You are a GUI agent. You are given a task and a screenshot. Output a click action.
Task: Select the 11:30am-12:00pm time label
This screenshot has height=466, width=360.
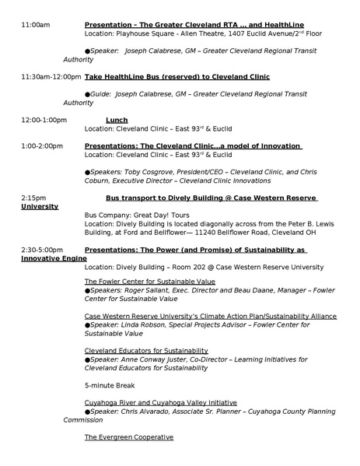[51, 77]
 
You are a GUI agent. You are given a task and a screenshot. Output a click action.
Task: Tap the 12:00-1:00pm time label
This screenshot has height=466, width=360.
[44, 120]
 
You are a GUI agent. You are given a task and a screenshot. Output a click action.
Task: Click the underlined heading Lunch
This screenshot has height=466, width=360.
[116, 120]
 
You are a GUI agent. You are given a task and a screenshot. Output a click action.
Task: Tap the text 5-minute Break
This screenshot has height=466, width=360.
[110, 385]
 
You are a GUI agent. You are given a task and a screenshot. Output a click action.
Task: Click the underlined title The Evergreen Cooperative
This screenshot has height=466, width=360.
[128, 437]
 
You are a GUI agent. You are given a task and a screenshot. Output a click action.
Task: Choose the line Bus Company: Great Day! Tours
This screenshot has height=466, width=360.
[137, 214]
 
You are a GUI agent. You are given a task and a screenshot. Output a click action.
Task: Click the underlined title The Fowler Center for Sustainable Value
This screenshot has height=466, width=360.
[149, 281]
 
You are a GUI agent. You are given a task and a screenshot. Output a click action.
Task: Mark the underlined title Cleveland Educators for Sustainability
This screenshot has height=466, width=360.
[146, 351]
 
